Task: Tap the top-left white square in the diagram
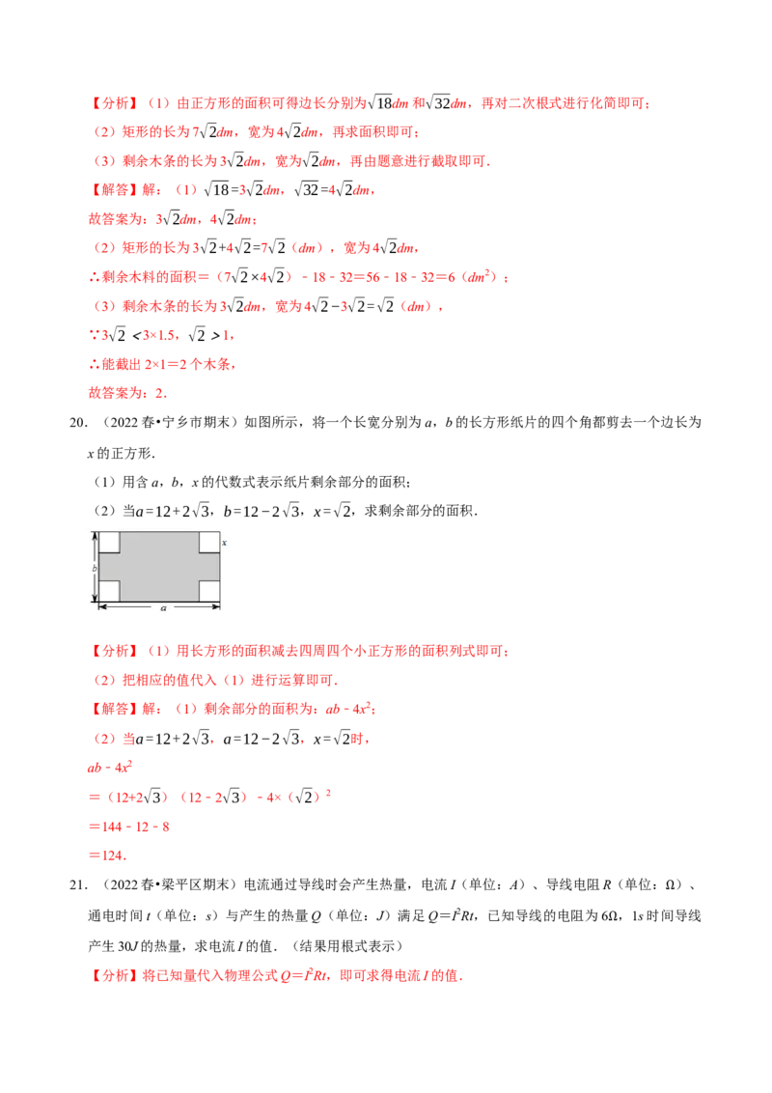109,543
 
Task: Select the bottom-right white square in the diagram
209,591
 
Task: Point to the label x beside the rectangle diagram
224,543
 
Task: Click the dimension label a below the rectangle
164,608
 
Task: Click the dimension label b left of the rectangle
95,568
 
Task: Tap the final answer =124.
107,855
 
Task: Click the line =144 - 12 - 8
129,827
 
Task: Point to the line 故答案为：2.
127,393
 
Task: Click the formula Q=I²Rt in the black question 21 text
452,915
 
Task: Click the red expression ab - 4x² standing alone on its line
109,768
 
